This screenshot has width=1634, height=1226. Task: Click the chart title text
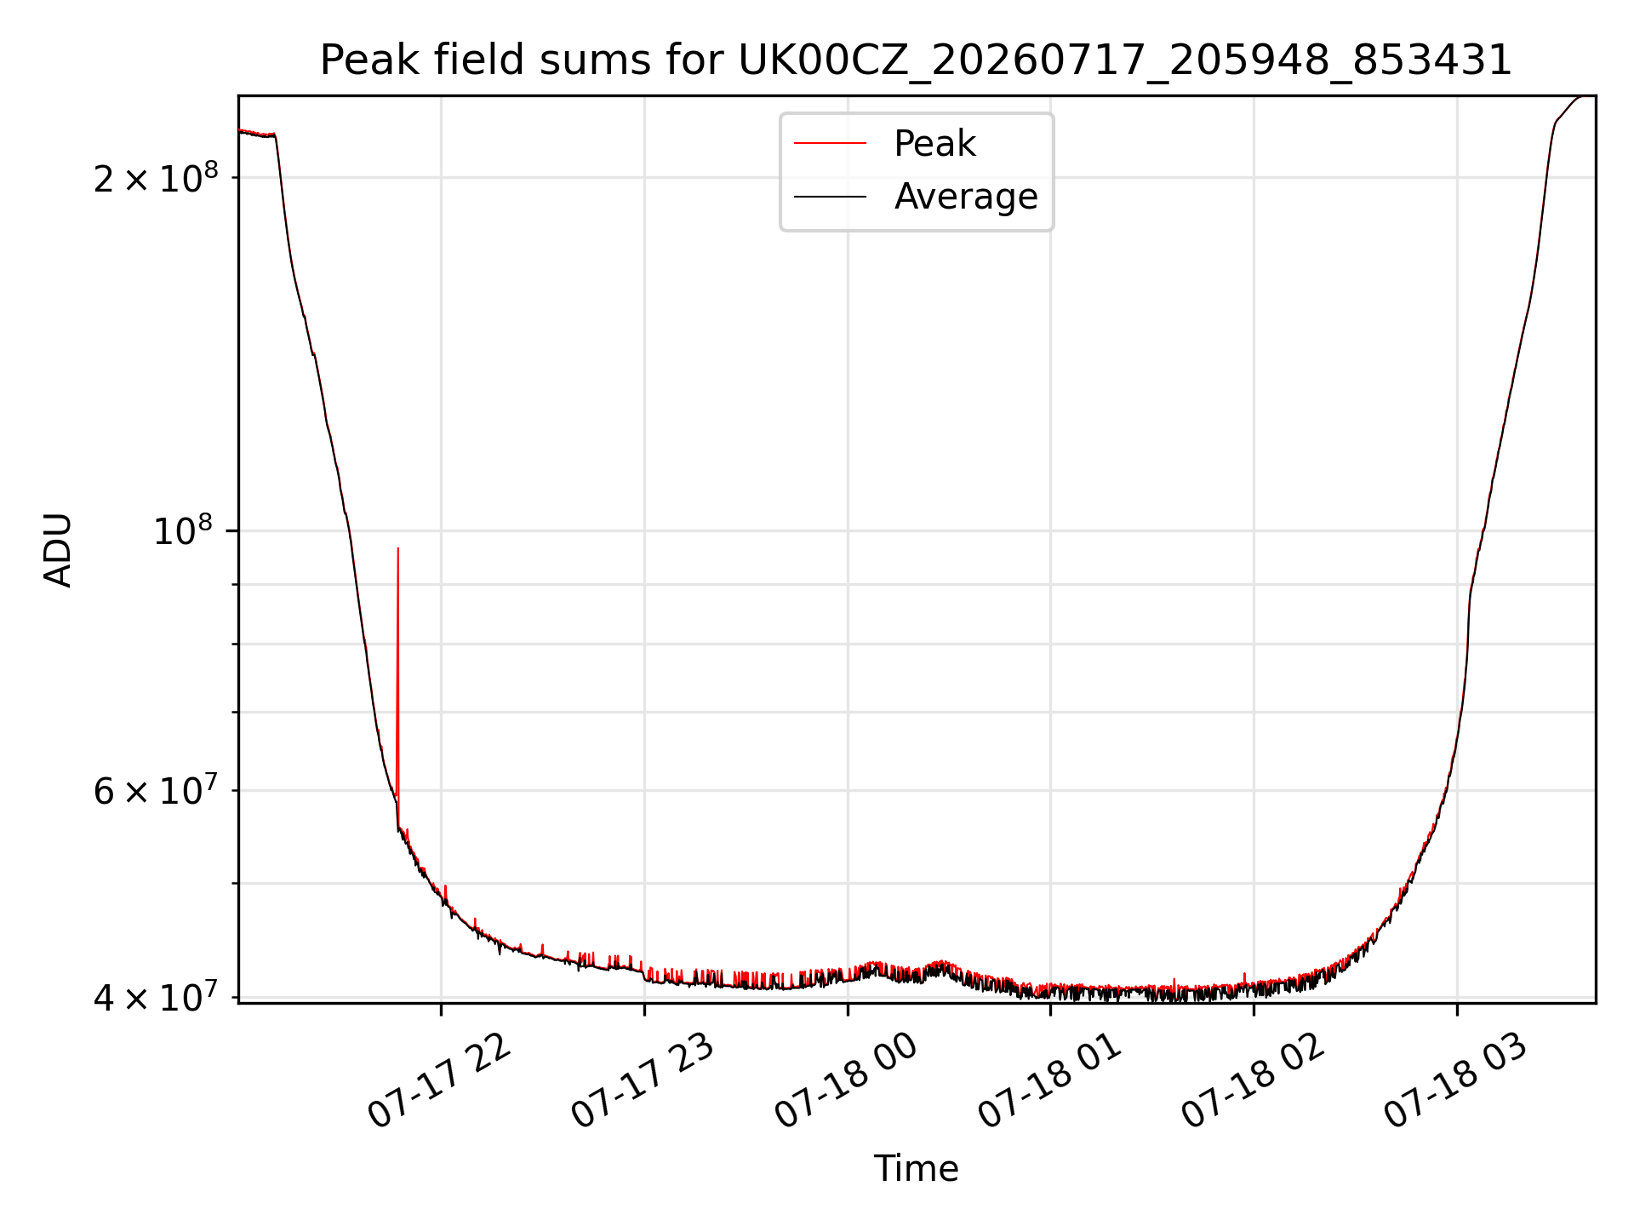pyautogui.click(x=916, y=60)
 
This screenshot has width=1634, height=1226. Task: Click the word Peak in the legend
pyautogui.click(x=934, y=144)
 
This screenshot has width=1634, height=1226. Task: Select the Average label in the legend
pyautogui.click(x=966, y=197)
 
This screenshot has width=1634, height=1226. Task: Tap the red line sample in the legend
pyautogui.click(x=830, y=144)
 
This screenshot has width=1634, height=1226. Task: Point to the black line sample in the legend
pyautogui.click(x=830, y=197)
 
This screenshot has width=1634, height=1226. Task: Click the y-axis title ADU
pyautogui.click(x=58, y=550)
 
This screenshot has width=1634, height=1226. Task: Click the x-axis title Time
pyautogui.click(x=916, y=1168)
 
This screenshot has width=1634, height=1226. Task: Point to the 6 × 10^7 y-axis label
pyautogui.click(x=156, y=790)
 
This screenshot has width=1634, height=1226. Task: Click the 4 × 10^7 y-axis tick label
pyautogui.click(x=156, y=997)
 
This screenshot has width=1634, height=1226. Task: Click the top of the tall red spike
pyautogui.click(x=397, y=548)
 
